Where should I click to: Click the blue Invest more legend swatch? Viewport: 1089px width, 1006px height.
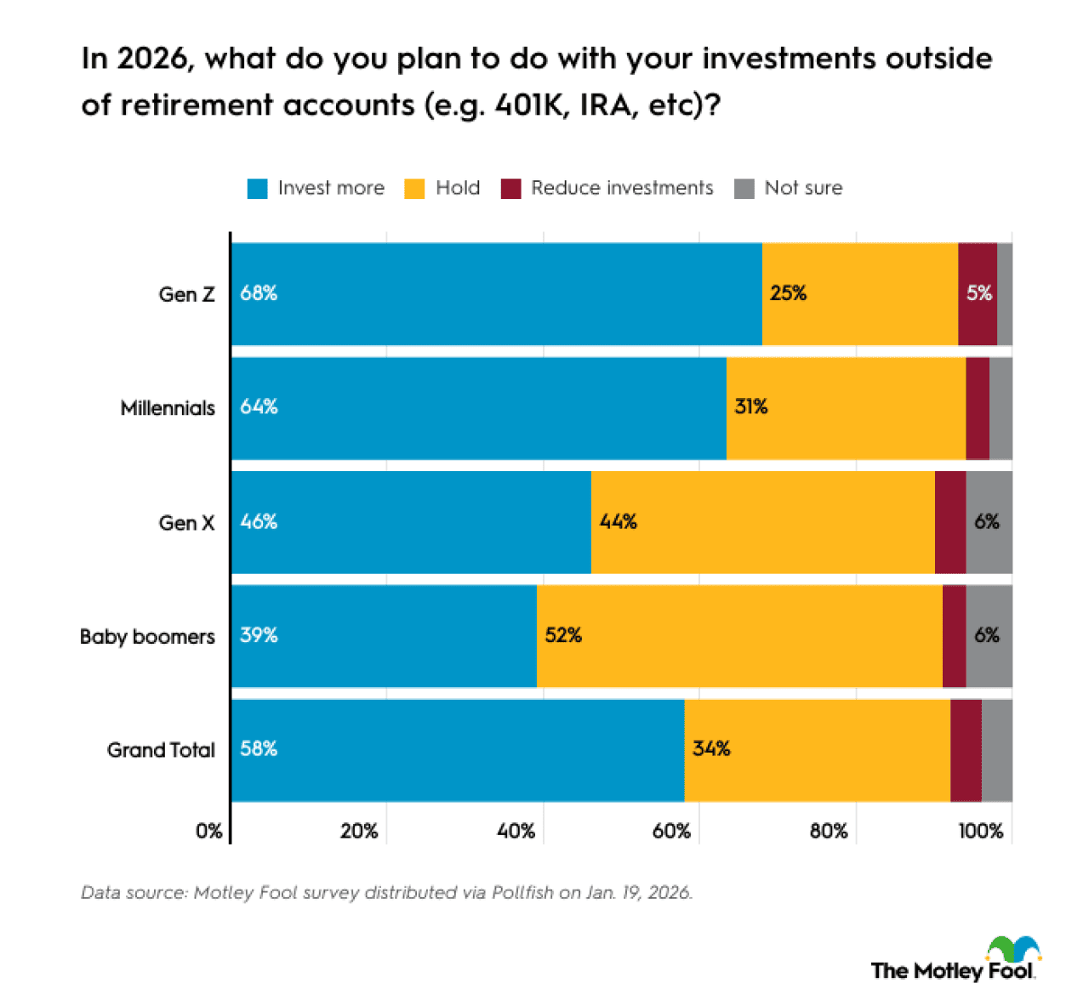257,189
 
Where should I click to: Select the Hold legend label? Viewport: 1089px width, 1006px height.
458,188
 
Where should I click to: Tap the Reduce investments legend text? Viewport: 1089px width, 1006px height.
622,188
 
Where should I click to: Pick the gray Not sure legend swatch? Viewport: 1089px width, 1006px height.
744,189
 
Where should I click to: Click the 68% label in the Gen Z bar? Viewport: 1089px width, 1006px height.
259,293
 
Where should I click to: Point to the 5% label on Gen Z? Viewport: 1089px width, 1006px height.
978,293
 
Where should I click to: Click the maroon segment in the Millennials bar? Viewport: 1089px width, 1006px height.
978,408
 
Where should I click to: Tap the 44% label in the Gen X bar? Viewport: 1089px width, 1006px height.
618,521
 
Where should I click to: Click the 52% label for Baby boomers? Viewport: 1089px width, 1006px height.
563,635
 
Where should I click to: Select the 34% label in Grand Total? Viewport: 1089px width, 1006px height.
711,748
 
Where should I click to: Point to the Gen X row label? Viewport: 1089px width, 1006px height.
186,523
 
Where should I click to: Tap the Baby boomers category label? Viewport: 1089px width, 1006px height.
147,637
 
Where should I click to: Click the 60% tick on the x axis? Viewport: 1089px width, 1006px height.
671,831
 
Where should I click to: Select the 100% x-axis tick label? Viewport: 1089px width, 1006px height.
980,831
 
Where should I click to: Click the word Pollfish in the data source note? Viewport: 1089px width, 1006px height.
522,893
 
